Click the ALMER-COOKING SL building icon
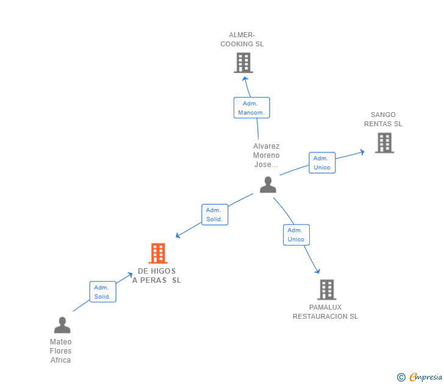[x=243, y=63]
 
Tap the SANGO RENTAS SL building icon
[x=384, y=143]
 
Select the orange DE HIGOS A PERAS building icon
[x=158, y=253]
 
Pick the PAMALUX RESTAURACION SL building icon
[x=326, y=290]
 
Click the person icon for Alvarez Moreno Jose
[x=268, y=185]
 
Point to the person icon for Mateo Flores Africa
[x=62, y=325]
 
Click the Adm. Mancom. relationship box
[x=251, y=108]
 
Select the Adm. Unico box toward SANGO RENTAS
[x=322, y=163]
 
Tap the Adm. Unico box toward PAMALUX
[x=296, y=235]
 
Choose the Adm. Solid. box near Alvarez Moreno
[x=214, y=215]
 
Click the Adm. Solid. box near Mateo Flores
[x=102, y=292]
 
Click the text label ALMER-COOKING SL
[x=242, y=40]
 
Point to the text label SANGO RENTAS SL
[x=383, y=119]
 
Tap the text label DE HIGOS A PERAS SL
[x=157, y=276]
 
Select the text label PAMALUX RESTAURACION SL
[x=325, y=312]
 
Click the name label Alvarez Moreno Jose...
[x=267, y=155]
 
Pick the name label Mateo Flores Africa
[x=61, y=351]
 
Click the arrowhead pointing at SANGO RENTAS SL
[x=362, y=151]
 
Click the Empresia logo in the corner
[x=420, y=377]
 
